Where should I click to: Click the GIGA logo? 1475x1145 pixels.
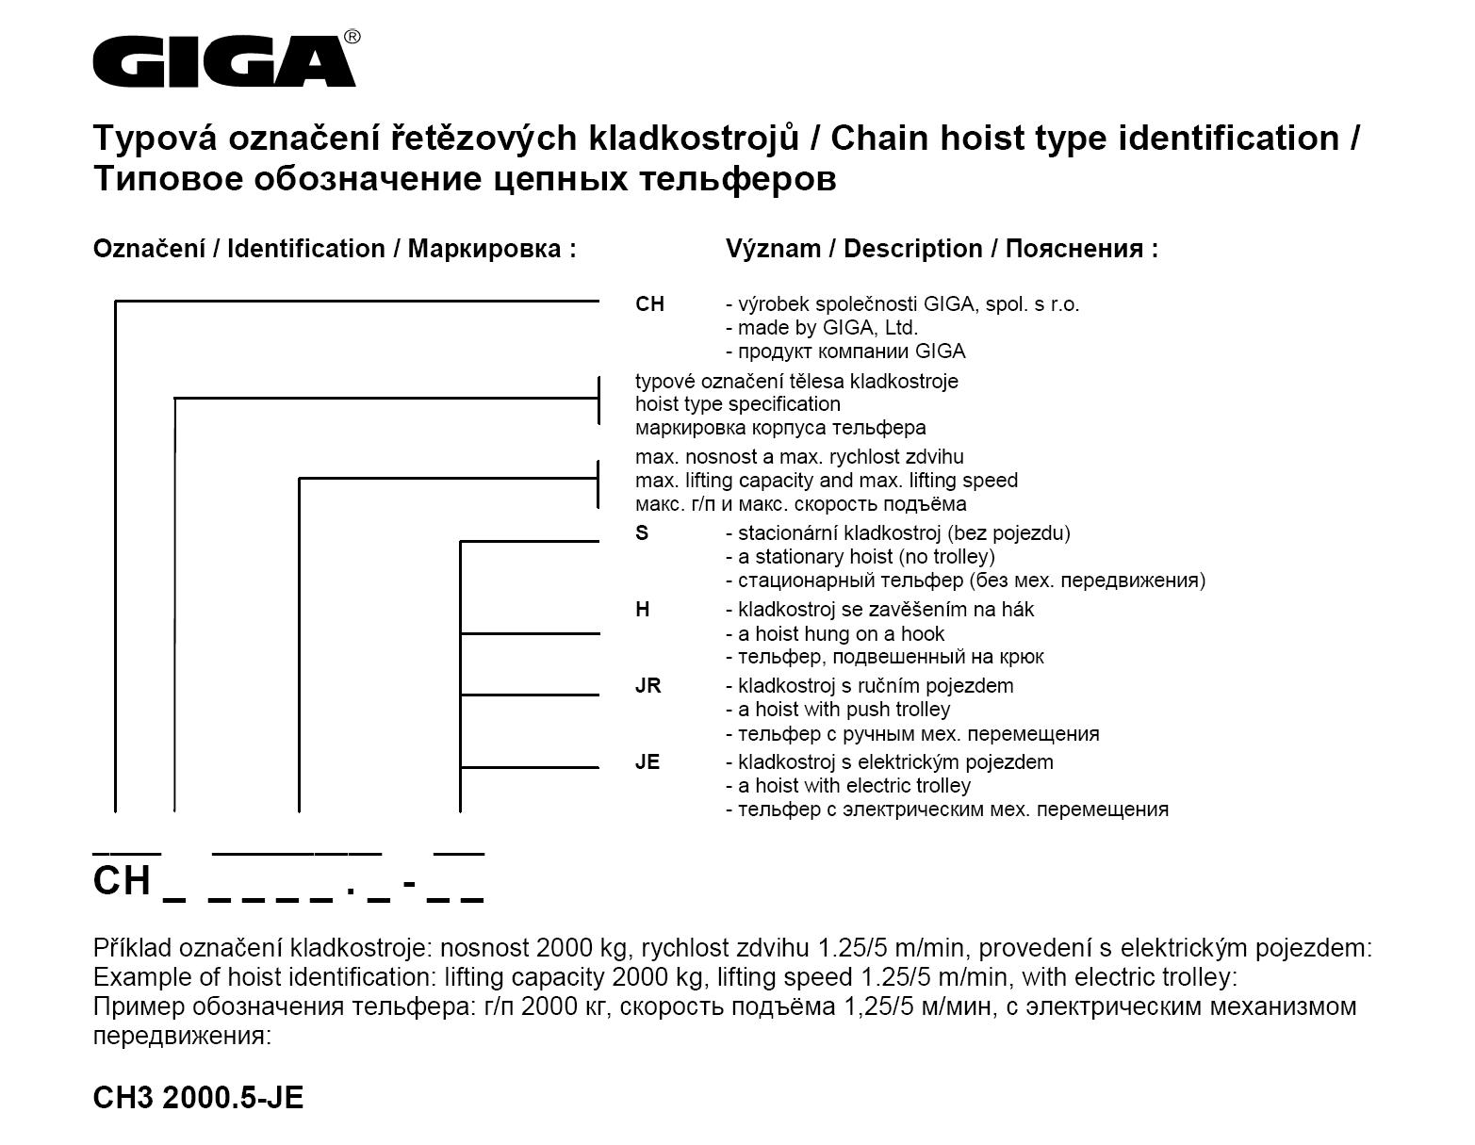(223, 61)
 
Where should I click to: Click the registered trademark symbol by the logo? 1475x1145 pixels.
(352, 37)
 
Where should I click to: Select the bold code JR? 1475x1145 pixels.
(647, 686)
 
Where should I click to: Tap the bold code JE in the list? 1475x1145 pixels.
(647, 762)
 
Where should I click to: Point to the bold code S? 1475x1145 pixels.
(642, 533)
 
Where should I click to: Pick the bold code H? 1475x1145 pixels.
(643, 610)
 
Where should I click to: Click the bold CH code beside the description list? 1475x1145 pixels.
(649, 304)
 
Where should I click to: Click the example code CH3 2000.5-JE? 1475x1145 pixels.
(198, 1098)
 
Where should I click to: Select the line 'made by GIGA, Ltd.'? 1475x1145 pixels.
(822, 328)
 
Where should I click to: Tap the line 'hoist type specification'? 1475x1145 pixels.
(737, 404)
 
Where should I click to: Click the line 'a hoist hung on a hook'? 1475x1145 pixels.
(835, 634)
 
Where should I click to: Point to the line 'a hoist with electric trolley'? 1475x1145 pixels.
(848, 786)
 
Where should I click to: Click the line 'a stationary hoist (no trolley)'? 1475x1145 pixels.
(860, 557)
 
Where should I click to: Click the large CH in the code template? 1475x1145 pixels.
(122, 881)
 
